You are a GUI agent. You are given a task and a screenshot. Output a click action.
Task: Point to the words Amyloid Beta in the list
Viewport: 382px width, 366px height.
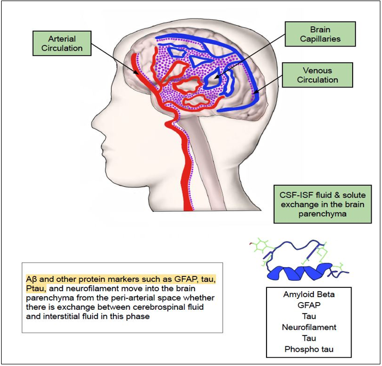pyautogui.click(x=309, y=294)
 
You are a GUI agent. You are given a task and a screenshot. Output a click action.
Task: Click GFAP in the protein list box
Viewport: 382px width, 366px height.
pyautogui.click(x=309, y=305)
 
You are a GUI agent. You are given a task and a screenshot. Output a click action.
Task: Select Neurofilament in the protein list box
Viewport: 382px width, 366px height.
pyautogui.click(x=309, y=327)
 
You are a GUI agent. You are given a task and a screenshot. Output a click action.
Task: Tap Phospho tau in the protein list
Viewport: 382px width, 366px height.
pyautogui.click(x=309, y=349)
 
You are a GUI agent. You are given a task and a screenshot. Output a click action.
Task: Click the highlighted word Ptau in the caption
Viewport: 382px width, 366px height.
pyautogui.click(x=36, y=288)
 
